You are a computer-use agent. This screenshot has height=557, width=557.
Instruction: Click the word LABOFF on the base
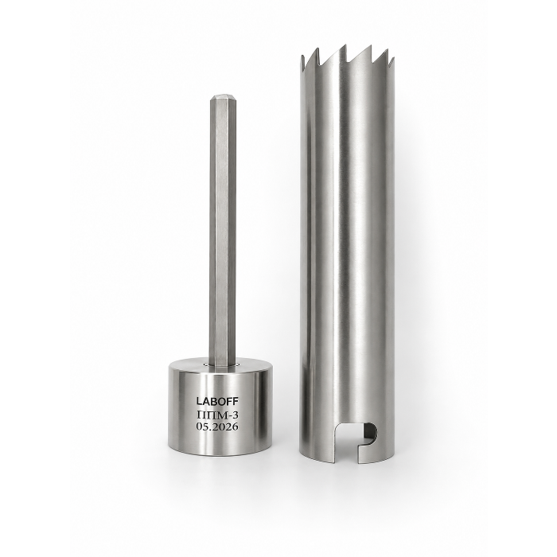coord(218,401)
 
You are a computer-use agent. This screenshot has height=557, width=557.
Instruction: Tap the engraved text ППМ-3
coord(218,415)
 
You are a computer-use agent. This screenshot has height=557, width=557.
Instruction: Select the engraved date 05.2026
coord(218,427)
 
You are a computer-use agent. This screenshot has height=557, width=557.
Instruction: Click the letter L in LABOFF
coord(199,401)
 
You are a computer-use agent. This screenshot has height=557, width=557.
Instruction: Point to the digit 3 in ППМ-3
coord(236,415)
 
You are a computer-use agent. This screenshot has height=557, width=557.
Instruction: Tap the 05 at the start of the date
coord(201,427)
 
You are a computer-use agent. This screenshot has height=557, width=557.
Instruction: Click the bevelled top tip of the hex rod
coord(223,98)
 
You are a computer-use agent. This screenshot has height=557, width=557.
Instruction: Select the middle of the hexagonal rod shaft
coord(223,231)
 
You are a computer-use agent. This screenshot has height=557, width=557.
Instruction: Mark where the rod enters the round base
coord(223,364)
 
